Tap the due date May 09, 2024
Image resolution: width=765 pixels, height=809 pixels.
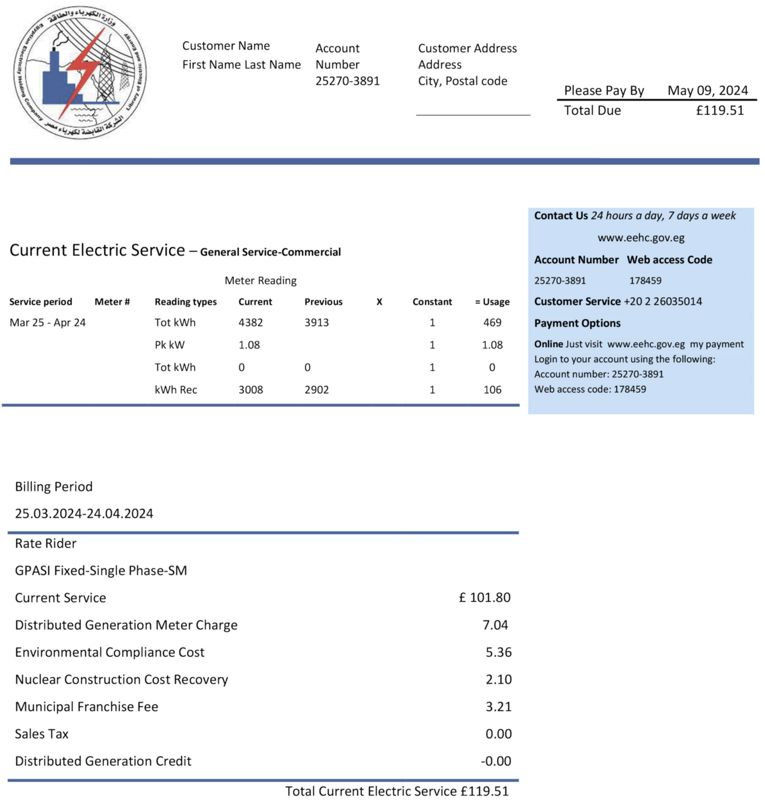coord(707,91)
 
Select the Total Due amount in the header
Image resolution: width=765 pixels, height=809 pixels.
coord(720,111)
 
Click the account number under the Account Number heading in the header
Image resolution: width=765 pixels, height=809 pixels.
coord(347,81)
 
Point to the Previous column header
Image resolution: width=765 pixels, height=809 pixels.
coord(323,302)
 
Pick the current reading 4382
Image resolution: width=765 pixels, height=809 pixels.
coord(250,322)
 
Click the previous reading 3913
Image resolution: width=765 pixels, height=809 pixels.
coord(316,322)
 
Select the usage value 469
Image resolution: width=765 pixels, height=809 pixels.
coord(492,322)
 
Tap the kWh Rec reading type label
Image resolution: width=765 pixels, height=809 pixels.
coord(176,390)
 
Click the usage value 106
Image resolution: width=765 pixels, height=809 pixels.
coord(492,390)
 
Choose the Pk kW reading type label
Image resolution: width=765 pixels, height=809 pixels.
coord(170,345)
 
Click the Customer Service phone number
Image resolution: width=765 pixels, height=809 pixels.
coord(663,302)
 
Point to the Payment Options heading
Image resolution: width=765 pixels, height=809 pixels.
coord(577,323)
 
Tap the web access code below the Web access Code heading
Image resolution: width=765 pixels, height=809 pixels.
coord(645,281)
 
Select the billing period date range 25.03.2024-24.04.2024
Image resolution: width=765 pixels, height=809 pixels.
coord(84,513)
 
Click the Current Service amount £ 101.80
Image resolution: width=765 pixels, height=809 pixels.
coord(484,598)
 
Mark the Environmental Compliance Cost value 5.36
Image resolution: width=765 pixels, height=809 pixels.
coord(499,652)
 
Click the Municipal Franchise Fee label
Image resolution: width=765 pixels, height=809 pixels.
coord(86,706)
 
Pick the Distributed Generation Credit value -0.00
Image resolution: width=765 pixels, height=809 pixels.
coord(496,761)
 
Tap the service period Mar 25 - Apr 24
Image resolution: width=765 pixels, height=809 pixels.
coord(48,322)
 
